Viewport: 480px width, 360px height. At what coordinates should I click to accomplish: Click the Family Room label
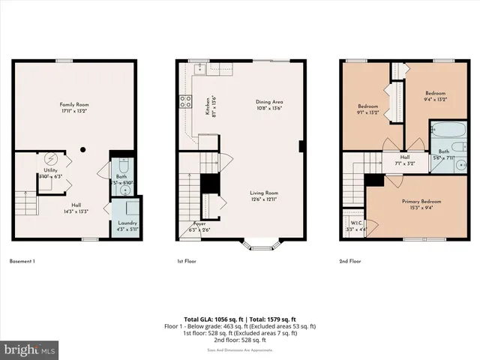(75, 104)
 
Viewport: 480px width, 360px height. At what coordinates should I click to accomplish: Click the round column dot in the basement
(85, 148)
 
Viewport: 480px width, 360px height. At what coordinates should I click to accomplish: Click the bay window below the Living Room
(261, 242)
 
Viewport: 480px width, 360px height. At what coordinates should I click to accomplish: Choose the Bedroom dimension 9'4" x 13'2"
(435, 99)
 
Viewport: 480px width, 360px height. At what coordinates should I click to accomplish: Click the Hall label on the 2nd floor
(405, 157)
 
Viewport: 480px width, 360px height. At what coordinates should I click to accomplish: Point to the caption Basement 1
(22, 262)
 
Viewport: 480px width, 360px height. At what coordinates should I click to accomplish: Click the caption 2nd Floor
(350, 262)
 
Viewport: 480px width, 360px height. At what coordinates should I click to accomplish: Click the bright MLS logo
(30, 349)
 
